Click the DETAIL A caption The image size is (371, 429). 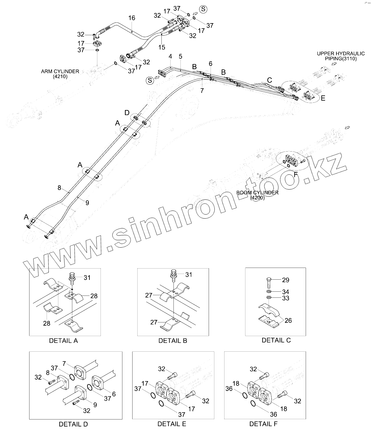click(63, 341)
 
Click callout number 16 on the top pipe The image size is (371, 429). click(132, 18)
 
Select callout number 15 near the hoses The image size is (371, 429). click(162, 47)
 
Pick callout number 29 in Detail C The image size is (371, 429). click(285, 280)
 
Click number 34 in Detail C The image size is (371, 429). click(285, 292)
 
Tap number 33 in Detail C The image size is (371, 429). click(285, 298)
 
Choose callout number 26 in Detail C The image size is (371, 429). click(288, 320)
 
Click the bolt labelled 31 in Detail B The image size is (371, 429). click(174, 275)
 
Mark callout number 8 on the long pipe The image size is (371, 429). click(59, 188)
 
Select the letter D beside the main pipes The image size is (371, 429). click(127, 113)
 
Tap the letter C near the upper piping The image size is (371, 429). click(270, 80)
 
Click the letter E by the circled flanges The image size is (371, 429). click(323, 98)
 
